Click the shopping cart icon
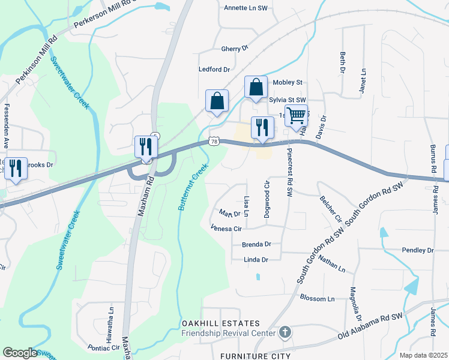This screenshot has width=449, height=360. pyautogui.click(x=296, y=115)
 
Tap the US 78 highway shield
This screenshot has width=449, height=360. pyautogui.click(x=214, y=140)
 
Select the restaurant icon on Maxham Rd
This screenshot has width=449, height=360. pyautogui.click(x=146, y=147)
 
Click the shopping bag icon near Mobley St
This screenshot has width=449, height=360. pyautogui.click(x=256, y=88)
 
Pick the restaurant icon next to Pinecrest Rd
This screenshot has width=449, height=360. pyautogui.click(x=262, y=127)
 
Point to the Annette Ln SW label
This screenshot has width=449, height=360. pyautogui.click(x=245, y=8)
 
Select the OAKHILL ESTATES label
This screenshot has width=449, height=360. pyautogui.click(x=221, y=324)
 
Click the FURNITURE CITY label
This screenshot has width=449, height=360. pyautogui.click(x=255, y=356)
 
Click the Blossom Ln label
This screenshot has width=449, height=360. pyautogui.click(x=316, y=299)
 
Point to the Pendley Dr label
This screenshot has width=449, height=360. pyautogui.click(x=418, y=250)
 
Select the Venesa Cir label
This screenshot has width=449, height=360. pyautogui.click(x=226, y=229)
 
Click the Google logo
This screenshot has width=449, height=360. pyautogui.click(x=20, y=353)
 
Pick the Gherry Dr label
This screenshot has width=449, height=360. pyautogui.click(x=235, y=49)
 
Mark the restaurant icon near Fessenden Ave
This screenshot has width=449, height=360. pyautogui.click(x=16, y=168)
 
